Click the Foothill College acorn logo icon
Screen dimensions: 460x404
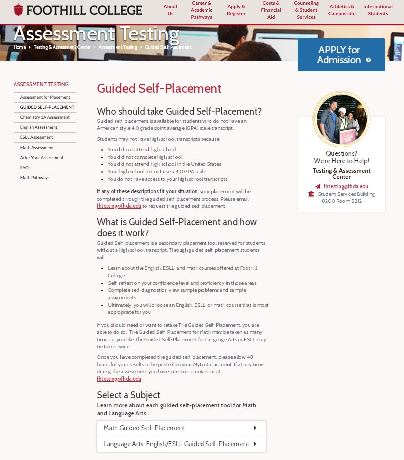pos(18,9)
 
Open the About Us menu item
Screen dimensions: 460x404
pos(170,10)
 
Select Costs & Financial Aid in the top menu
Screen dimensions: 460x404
pos(271,10)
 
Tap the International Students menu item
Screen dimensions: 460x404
pos(378,10)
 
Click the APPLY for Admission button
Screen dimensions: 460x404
pos(341,55)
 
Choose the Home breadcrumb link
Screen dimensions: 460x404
pos(20,47)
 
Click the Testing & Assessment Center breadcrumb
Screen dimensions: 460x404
pos(62,47)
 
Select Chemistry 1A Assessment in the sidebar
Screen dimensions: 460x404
pos(45,117)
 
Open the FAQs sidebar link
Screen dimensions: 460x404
pos(25,168)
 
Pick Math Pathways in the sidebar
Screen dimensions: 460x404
pos(35,178)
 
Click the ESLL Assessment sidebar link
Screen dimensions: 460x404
pos(36,137)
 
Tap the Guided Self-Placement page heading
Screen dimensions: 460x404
pos(159,89)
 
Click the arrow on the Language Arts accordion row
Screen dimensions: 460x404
pos(255,444)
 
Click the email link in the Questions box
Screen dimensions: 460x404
pos(346,186)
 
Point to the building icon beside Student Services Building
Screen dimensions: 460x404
pos(311,194)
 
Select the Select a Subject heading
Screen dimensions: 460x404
pos(128,395)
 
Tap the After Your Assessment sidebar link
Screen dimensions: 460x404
pos(42,158)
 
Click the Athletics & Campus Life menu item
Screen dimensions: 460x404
pos(342,10)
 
